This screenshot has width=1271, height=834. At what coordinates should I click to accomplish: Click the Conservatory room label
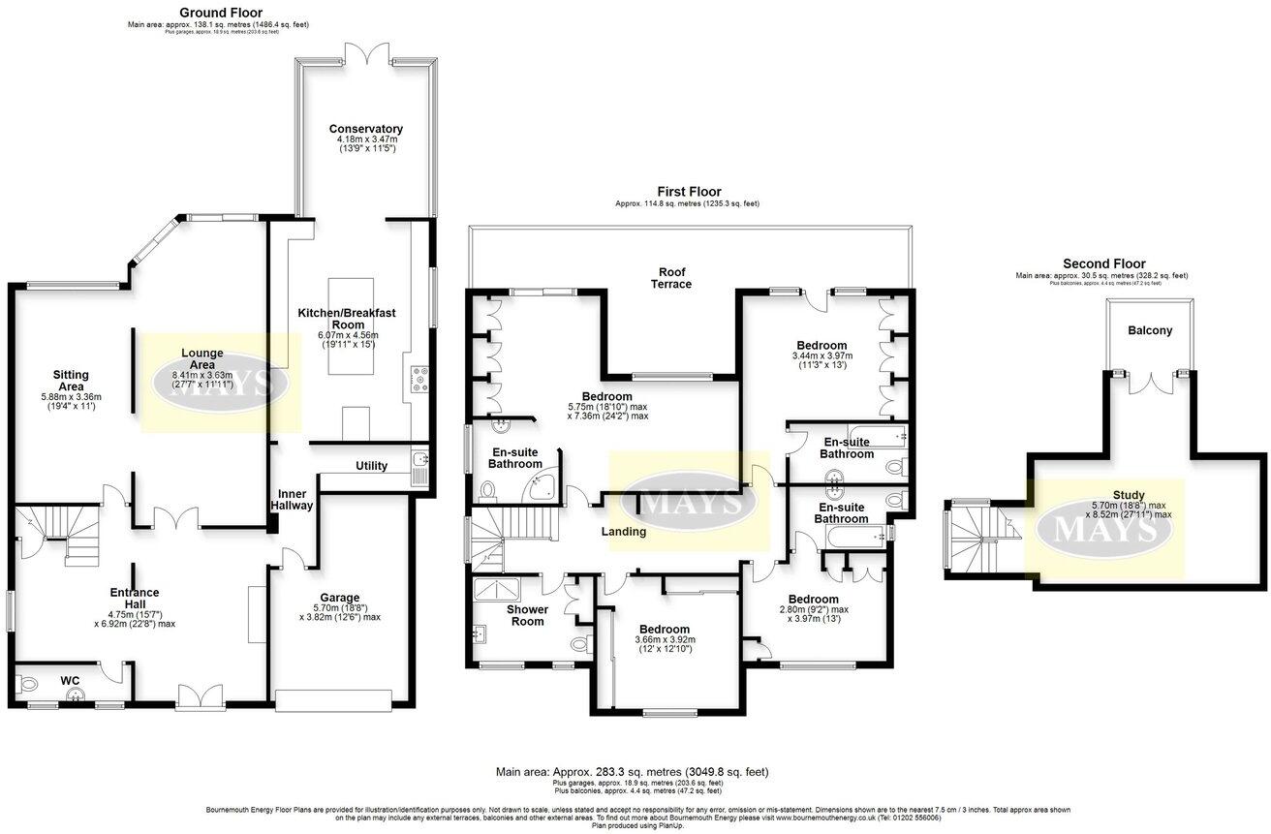coord(365,129)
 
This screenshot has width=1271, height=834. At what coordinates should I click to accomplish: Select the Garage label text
coord(340,598)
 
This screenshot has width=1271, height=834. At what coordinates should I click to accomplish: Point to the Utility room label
coord(371,466)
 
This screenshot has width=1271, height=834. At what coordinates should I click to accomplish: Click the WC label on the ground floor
coord(70,681)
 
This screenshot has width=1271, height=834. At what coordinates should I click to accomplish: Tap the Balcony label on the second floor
coord(1150,330)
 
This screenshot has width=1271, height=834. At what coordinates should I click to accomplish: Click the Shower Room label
coord(527,615)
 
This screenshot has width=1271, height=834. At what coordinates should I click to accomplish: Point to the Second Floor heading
coord(1103,263)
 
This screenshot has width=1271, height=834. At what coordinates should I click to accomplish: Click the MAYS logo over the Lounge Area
coord(219,384)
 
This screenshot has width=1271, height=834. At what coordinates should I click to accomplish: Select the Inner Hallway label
coord(292,499)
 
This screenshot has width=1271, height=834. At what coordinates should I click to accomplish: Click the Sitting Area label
coord(72,380)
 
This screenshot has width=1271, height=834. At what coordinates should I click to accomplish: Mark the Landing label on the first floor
coord(623,531)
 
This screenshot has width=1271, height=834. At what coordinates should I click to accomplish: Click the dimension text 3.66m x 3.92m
coord(665,639)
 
